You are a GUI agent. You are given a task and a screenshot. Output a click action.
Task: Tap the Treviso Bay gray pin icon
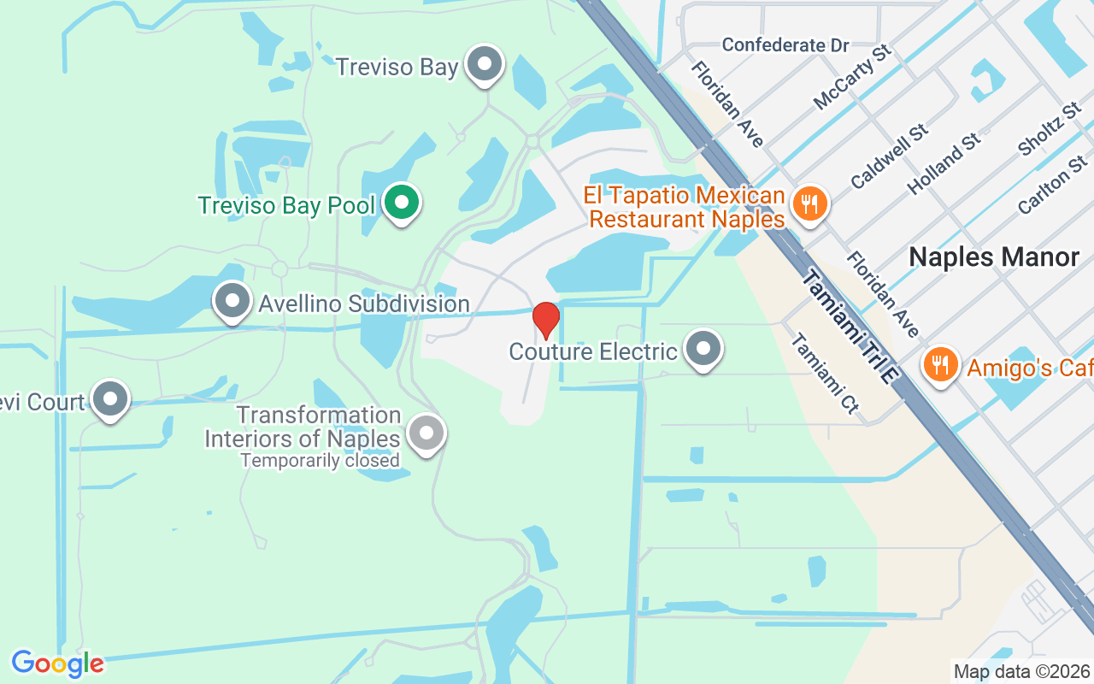[486, 64]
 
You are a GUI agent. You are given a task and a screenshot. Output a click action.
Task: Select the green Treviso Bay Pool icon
[401, 203]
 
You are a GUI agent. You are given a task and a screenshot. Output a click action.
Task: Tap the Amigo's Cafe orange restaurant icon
[941, 365]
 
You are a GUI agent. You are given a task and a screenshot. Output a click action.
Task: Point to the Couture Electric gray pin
[704, 349]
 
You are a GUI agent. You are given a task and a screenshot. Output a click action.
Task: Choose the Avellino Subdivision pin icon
[232, 301]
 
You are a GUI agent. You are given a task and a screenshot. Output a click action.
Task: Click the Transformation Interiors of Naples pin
[426, 433]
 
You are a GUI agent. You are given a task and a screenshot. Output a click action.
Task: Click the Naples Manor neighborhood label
[994, 256]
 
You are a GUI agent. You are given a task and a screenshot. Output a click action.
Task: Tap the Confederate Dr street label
[785, 45]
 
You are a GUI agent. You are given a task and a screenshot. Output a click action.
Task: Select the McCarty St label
[852, 77]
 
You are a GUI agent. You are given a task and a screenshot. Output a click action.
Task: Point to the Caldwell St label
[890, 156]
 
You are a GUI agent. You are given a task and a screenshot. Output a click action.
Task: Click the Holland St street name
[944, 162]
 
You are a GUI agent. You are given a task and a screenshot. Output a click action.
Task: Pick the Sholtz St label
[1050, 131]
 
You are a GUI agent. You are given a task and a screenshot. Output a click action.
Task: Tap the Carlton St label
[1052, 184]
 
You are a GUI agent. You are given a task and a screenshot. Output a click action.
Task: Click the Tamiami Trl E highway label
[851, 329]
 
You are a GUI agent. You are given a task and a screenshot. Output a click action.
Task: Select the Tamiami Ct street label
[824, 374]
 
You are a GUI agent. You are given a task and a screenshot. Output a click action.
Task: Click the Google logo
[57, 663]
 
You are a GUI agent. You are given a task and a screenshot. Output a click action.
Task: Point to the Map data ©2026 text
[1021, 671]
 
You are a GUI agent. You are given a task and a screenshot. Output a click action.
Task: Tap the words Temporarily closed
[320, 461]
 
